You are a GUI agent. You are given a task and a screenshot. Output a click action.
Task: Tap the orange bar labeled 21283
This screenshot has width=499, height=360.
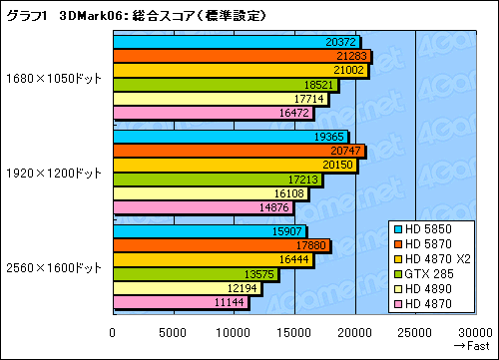click(242, 56)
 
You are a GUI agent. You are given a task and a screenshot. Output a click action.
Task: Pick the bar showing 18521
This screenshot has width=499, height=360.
click(226, 85)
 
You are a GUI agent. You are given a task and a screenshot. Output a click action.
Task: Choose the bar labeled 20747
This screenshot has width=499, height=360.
click(239, 150)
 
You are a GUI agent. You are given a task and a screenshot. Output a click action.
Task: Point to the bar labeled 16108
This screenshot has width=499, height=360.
click(211, 193)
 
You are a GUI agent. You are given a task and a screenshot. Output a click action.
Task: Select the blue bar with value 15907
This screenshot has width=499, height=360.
click(210, 230)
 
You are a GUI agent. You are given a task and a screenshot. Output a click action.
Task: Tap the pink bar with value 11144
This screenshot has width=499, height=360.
click(181, 302)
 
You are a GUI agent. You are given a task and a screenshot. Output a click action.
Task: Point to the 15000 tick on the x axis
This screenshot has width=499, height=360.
click(294, 332)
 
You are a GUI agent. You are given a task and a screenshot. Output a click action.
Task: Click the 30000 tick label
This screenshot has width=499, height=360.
click(475, 332)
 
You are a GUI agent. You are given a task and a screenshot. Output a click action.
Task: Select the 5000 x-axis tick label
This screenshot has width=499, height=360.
click(173, 332)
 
